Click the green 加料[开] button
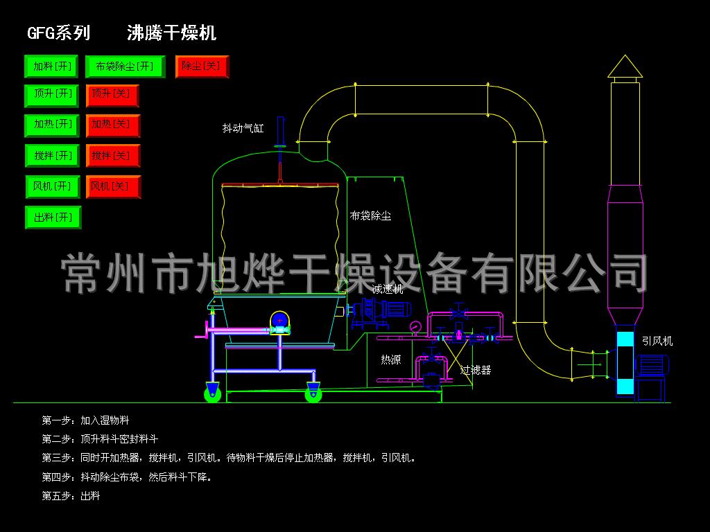tap(52, 66)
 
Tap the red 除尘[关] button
tap(202, 66)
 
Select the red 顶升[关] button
tap(112, 96)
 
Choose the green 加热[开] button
tap(52, 126)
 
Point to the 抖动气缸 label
tap(243, 128)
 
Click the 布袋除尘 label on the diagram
tap(370, 216)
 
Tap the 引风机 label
tap(656, 341)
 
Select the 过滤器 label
tap(476, 370)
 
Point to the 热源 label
tap(390, 360)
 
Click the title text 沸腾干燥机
tap(171, 33)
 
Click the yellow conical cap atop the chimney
tap(625, 67)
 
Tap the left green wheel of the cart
tap(213, 393)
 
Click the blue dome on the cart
tap(279, 319)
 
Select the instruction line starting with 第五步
tap(71, 496)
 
